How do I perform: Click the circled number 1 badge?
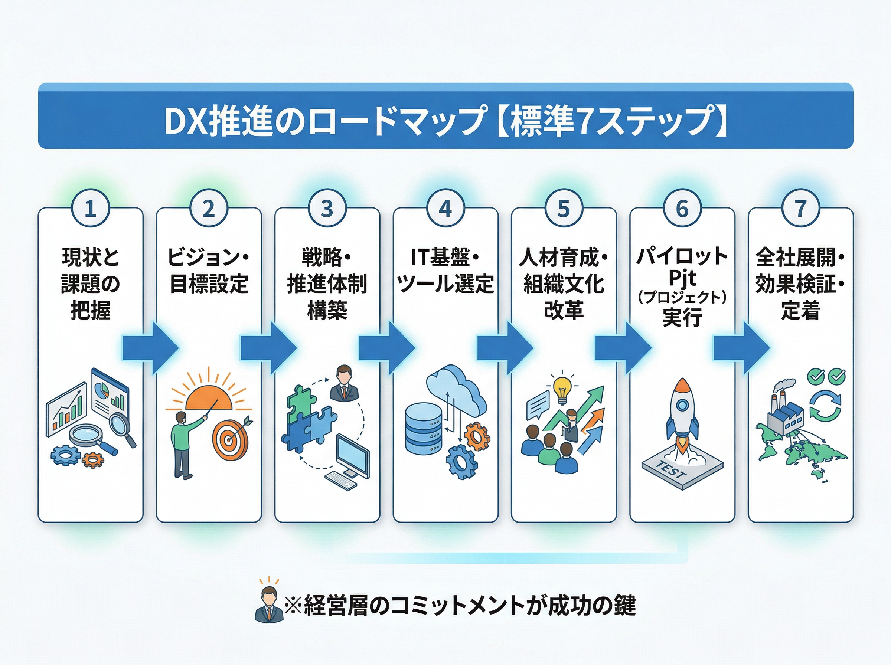90,209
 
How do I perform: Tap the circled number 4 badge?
445,209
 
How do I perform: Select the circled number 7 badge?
800,209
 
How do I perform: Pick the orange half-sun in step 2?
209,399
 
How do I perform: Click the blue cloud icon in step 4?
456,390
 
